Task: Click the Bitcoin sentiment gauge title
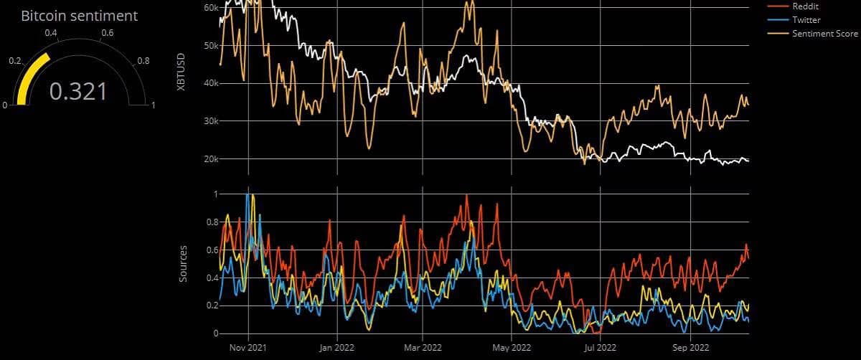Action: pyautogui.click(x=79, y=15)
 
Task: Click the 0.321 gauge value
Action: pyautogui.click(x=78, y=91)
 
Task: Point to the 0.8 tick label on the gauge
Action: pyautogui.click(x=143, y=61)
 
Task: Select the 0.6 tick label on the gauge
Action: pyautogui.click(x=107, y=33)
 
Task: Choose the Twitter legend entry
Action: pyautogui.click(x=806, y=20)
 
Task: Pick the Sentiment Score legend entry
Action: pyautogui.click(x=824, y=34)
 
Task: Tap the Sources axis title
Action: pyautogui.click(x=183, y=263)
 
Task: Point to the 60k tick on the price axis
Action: pyautogui.click(x=211, y=8)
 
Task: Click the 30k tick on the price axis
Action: pyautogui.click(x=211, y=121)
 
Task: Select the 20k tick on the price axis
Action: pyautogui.click(x=211, y=159)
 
